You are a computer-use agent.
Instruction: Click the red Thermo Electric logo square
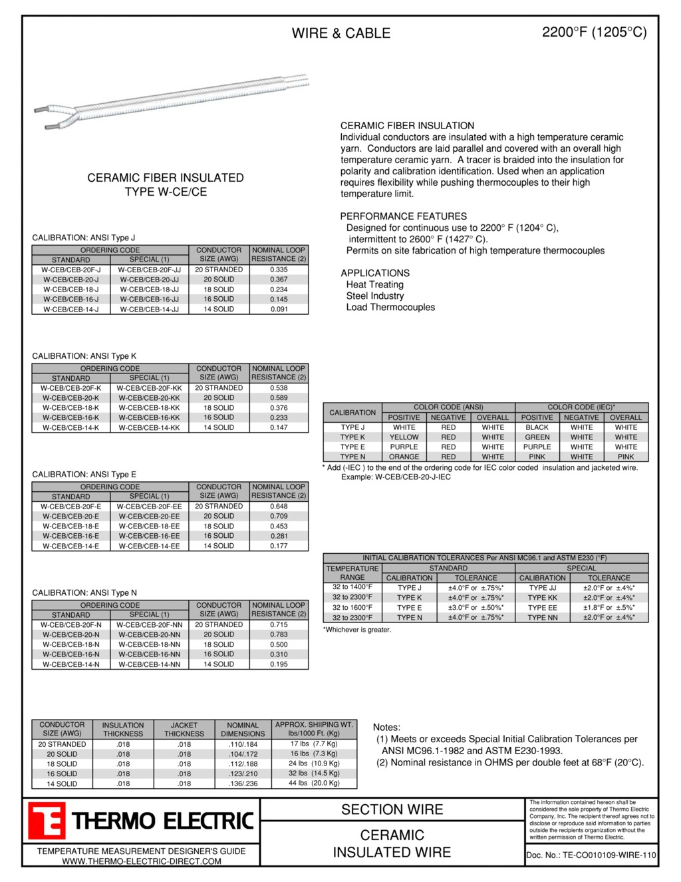click(47, 821)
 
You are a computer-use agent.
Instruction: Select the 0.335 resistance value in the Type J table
click(279, 270)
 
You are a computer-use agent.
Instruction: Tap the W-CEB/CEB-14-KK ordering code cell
click(149, 427)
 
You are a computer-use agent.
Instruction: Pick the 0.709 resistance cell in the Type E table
click(279, 516)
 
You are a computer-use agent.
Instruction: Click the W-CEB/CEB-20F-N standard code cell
click(70, 625)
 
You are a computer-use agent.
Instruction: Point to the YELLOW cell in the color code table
click(404, 437)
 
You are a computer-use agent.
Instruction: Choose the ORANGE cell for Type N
click(404, 457)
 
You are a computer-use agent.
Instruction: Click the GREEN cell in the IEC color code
click(537, 437)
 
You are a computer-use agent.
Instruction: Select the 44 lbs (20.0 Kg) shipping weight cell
click(314, 783)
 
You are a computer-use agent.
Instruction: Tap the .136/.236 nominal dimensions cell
click(243, 783)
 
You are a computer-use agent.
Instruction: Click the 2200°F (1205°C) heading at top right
click(594, 32)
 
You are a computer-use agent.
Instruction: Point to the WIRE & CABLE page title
click(341, 33)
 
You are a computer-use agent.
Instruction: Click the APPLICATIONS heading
click(375, 273)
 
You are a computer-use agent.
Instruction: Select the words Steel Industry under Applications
click(374, 296)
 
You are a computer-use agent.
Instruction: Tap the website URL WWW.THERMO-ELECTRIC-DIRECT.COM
click(142, 861)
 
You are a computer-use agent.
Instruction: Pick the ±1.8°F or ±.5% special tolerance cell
click(609, 608)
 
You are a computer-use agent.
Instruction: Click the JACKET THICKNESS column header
click(184, 730)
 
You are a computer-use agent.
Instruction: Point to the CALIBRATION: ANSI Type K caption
click(84, 356)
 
